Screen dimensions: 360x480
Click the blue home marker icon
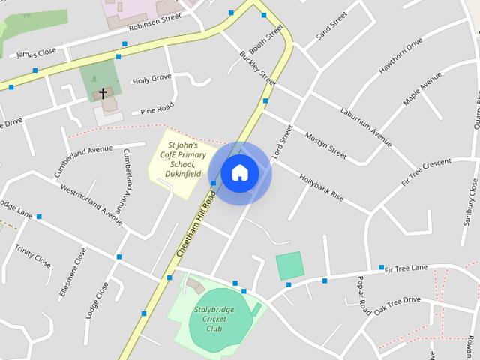pos(239,173)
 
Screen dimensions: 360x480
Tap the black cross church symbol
pos(103,93)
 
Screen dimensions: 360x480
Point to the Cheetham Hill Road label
pos(196,225)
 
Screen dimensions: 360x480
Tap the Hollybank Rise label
pos(321,187)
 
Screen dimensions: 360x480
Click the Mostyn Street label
pos(325,145)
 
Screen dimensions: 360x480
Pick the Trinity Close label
pos(32,256)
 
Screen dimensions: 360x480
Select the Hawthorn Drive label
pos(400,57)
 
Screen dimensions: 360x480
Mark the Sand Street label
pos(331,25)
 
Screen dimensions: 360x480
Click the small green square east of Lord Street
pos(289,265)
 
